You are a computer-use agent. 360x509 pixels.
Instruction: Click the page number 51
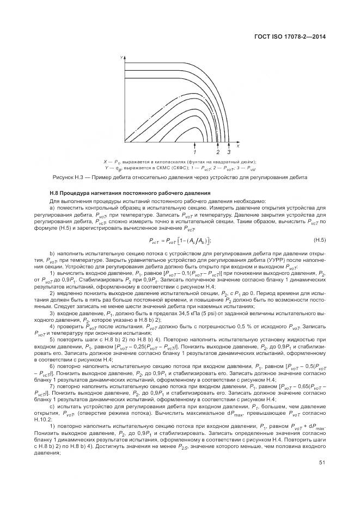pos(322,463)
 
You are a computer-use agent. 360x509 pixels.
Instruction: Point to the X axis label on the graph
pos(238,146)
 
